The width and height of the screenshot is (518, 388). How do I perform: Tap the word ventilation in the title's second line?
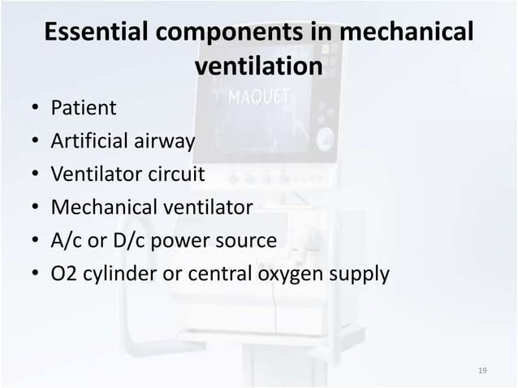click(259, 67)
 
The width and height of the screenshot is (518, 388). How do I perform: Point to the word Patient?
click(84, 107)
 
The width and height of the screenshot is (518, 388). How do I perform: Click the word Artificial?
click(89, 141)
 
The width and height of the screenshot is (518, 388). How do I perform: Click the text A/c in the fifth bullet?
click(67, 241)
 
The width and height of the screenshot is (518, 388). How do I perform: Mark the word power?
click(184, 242)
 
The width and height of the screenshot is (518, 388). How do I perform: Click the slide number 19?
click(482, 371)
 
